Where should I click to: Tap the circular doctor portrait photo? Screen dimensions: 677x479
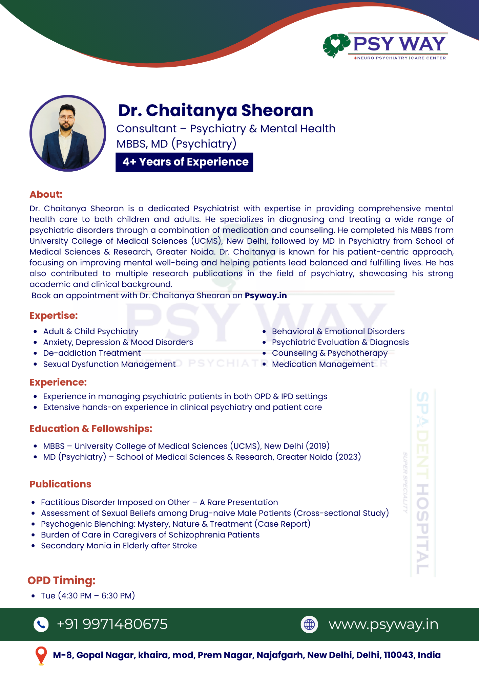(68, 133)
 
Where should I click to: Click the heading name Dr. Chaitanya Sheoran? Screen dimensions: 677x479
(215, 110)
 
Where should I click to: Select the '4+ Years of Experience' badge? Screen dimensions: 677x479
(184, 162)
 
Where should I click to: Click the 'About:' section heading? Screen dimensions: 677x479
(46, 194)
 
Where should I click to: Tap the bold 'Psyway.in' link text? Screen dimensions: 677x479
(266, 296)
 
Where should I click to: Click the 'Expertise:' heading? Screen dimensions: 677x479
(54, 315)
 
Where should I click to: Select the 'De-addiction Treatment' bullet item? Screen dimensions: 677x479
(92, 353)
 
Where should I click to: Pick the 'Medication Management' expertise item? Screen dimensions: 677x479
(322, 364)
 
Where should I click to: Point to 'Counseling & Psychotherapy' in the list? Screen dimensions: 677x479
(330, 353)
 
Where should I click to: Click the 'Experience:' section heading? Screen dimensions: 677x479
(58, 382)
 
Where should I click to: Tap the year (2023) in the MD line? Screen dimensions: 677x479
(348, 457)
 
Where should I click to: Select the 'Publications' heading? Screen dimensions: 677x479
(60, 484)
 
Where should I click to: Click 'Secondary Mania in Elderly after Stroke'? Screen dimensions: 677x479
(119, 546)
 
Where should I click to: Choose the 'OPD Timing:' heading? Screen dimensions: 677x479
(61, 580)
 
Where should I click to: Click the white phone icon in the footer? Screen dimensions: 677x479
(41, 624)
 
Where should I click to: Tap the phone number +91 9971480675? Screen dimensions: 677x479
(112, 624)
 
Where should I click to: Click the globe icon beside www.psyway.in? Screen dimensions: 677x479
(309, 624)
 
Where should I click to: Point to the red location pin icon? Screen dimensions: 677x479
(41, 655)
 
